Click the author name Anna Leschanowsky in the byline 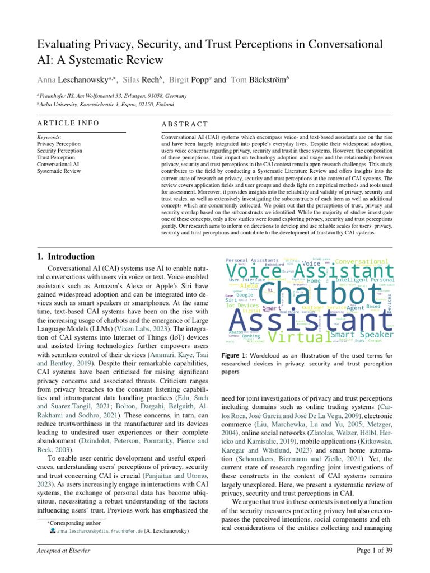tap(68, 80)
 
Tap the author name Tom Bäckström tap(259, 80)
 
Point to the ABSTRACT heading tap(184, 124)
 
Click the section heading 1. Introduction tap(65, 257)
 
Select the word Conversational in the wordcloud tap(362, 261)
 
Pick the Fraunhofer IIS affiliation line tap(111, 96)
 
